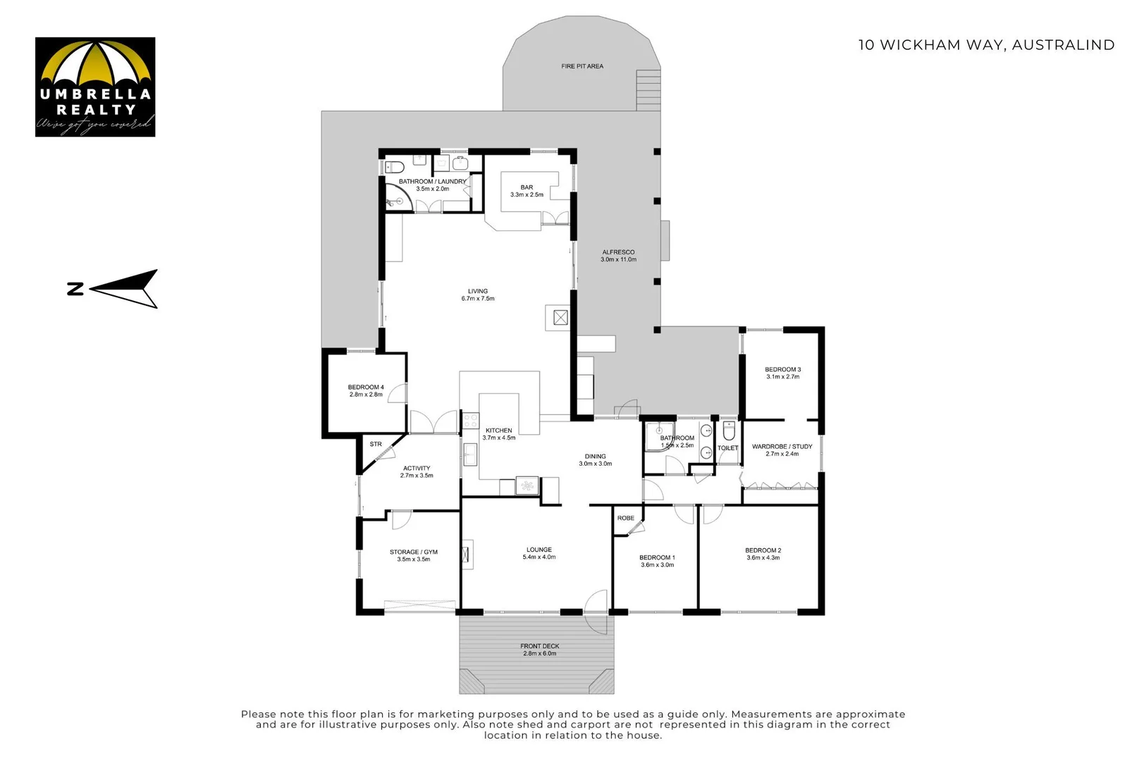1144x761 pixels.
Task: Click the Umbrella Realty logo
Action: pos(95,87)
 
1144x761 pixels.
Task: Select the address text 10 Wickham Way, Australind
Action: pos(985,45)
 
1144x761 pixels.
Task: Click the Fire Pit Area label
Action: pos(582,66)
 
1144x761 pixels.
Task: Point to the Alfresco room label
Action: pos(618,256)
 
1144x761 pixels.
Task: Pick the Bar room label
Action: pos(527,191)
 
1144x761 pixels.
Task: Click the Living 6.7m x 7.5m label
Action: pos(478,295)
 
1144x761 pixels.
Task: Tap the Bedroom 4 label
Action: pos(366,390)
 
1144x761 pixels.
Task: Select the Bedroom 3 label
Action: pos(782,373)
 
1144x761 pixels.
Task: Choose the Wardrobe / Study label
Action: pos(782,450)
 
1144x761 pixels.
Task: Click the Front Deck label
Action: pos(540,650)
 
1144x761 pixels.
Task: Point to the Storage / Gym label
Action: pos(414,555)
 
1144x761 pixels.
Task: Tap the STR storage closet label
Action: pos(376,444)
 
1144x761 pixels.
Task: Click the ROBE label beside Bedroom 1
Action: pos(626,518)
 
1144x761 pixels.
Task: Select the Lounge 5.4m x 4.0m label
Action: pos(539,553)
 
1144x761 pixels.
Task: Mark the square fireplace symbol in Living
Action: pos(560,318)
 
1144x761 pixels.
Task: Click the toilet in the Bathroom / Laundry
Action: pos(395,167)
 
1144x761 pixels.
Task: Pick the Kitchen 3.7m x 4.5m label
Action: pos(498,434)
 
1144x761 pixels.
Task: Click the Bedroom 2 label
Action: pos(763,554)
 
